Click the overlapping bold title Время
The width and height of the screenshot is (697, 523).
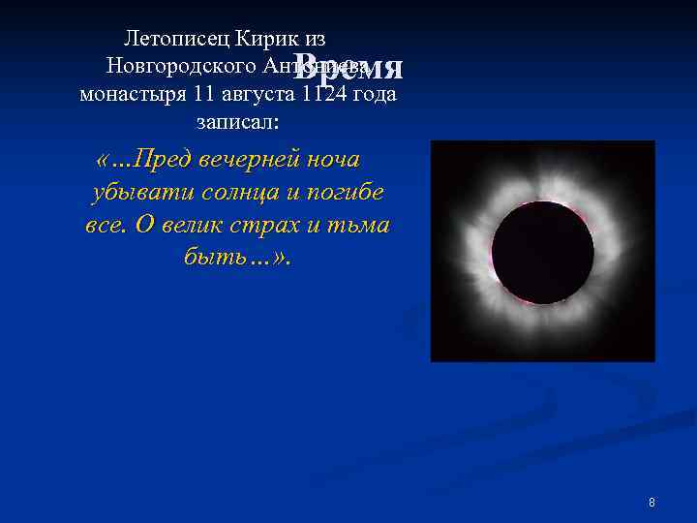348,66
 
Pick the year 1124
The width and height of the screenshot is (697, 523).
325,96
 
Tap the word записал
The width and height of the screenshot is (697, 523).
237,124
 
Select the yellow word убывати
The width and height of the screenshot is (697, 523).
142,192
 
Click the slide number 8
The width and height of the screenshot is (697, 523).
652,503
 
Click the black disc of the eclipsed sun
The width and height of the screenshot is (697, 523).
542,252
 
